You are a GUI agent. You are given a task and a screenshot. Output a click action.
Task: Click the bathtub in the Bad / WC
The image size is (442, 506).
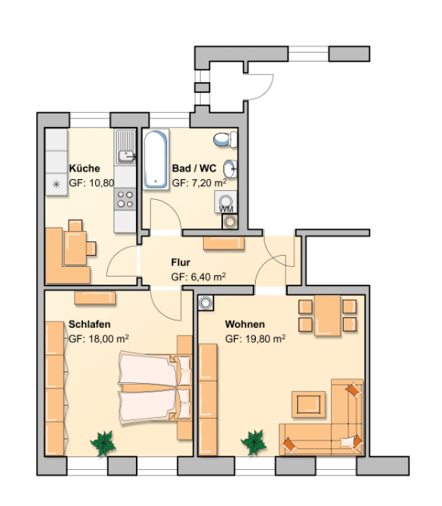[156, 159]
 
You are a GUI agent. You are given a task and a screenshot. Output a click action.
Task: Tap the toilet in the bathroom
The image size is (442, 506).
[225, 139]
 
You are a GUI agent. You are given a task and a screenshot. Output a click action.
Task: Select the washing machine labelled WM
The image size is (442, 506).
[226, 201]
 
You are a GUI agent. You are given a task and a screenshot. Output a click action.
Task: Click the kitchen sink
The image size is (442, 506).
[125, 146]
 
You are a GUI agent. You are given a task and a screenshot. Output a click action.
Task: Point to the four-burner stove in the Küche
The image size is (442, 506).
[125, 199]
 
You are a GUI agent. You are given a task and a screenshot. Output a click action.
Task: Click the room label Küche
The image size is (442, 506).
[85, 168]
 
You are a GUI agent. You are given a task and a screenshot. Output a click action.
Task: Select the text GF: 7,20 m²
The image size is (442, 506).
[199, 183]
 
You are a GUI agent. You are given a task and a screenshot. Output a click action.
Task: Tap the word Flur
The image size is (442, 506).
[181, 262]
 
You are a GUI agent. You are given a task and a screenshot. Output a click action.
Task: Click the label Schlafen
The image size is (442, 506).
[90, 324]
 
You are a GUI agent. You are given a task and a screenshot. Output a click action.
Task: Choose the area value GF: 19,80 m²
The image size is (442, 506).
[255, 339]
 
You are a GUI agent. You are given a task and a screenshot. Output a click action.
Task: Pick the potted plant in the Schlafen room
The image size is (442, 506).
[103, 443]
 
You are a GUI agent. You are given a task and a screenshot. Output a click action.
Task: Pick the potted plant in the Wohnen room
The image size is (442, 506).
[254, 442]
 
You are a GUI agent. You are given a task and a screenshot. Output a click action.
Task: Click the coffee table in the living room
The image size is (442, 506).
[309, 404]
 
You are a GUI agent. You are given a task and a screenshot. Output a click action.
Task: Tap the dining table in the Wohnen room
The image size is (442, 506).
[328, 316]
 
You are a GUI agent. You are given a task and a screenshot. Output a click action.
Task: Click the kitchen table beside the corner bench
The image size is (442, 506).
[75, 248]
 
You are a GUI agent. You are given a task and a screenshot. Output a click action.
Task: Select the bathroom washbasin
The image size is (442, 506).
[230, 169]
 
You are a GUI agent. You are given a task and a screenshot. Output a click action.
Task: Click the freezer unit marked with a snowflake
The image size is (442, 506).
[57, 185]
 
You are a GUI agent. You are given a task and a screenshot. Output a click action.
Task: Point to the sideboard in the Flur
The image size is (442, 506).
[224, 243]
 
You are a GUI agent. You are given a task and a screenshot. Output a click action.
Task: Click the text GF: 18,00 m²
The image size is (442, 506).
[99, 339]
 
